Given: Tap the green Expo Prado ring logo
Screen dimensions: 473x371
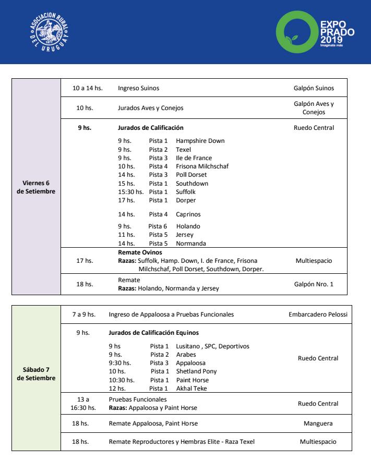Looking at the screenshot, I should coord(296,31).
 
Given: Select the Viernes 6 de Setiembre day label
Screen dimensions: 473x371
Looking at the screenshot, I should coord(36,187).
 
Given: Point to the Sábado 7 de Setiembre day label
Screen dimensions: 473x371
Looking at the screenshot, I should coord(36,374).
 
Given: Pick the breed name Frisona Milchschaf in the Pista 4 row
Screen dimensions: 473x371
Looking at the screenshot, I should coord(202,166).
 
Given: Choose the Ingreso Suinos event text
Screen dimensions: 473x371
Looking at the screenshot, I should coord(138,89).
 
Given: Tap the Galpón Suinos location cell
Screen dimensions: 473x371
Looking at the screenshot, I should coord(314,89).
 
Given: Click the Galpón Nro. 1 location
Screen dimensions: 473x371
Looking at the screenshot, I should coord(314,285).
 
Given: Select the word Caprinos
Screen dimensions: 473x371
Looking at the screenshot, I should coord(188,214).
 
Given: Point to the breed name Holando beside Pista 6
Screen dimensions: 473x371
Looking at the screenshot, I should coord(188,226).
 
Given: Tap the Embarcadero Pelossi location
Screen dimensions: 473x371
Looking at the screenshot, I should coord(318,315).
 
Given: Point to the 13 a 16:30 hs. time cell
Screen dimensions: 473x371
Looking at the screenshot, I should coord(83,404).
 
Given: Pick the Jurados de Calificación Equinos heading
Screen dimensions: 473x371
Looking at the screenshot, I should coord(153,333).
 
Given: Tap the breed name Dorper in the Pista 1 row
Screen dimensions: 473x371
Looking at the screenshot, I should coord(186,200).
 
